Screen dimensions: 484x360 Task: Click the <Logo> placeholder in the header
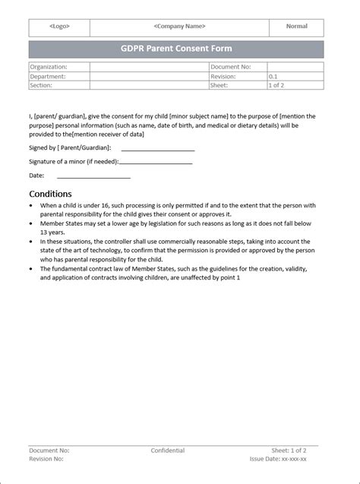pos(59,27)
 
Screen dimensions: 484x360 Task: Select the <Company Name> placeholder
pos(179,27)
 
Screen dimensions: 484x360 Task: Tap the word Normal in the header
pos(296,27)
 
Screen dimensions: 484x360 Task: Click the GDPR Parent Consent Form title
pos(176,49)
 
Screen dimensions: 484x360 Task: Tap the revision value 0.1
pos(273,77)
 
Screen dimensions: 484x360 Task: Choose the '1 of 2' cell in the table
pos(278,86)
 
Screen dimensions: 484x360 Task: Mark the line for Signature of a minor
pos(156,163)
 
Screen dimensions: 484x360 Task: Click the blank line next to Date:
pos(92,177)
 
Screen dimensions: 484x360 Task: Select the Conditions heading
pos(50,194)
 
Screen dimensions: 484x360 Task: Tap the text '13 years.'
pos(53,233)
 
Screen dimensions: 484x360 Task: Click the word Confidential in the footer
pos(167,451)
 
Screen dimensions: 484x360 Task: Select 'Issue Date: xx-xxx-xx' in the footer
pos(278,459)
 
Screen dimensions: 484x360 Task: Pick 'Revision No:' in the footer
pos(46,459)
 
